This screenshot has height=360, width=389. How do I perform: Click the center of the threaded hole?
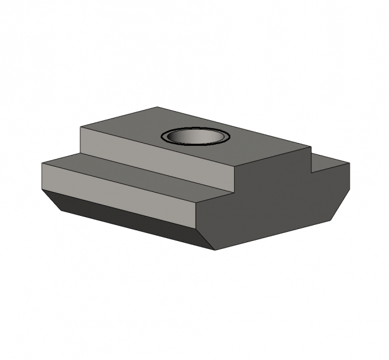[x=196, y=138]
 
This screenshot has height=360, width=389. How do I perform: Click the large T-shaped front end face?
[x=275, y=203]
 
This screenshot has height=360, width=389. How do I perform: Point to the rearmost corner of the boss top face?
[x=157, y=107]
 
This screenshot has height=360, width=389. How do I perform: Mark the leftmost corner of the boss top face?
[x=80, y=127]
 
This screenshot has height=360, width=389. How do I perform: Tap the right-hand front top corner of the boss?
[x=311, y=147]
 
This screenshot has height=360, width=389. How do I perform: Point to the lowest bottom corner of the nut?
[x=215, y=250]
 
